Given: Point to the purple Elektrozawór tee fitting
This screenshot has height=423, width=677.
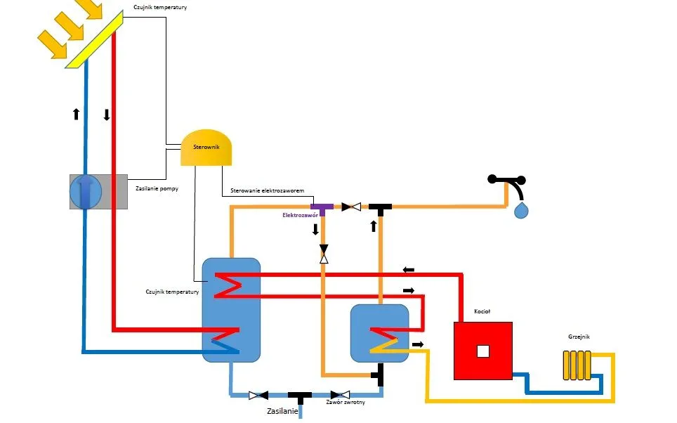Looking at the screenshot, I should pos(322,208).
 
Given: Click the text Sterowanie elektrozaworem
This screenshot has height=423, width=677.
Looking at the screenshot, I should pos(267,191).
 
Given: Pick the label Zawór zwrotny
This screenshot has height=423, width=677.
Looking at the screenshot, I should pos(345,403).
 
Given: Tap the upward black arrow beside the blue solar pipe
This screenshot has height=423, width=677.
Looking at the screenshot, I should pos(76,114).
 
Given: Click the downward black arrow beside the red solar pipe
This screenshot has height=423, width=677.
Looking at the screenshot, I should pos(107,114).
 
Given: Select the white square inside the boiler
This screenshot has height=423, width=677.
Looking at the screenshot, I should pos(482,351).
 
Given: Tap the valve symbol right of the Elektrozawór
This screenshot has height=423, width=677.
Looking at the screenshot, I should pos(351,207).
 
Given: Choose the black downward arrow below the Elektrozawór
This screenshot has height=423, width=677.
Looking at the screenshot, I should pos(315,229).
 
